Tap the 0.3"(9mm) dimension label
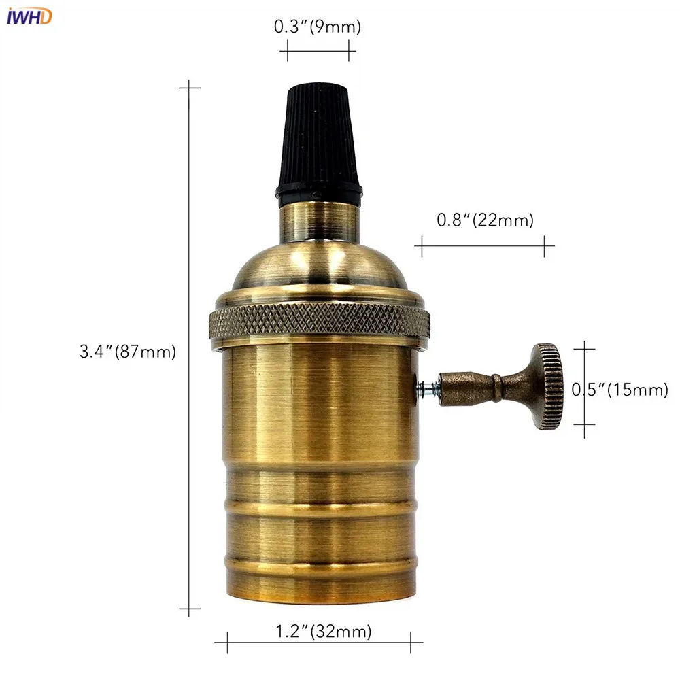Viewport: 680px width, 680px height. coord(318,27)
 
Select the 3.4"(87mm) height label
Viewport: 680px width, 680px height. coord(128,352)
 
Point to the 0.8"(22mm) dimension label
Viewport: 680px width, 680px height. coord(485,220)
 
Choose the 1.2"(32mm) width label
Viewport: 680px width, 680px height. coord(324,632)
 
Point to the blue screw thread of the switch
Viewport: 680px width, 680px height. coord(428,388)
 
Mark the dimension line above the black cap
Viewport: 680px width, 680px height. coord(318,50)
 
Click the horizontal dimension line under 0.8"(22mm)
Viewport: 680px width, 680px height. coord(484,245)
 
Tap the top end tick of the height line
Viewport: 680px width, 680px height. coord(189,87)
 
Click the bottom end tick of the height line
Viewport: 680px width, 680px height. coord(189,609)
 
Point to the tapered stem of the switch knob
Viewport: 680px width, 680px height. coord(476,387)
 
